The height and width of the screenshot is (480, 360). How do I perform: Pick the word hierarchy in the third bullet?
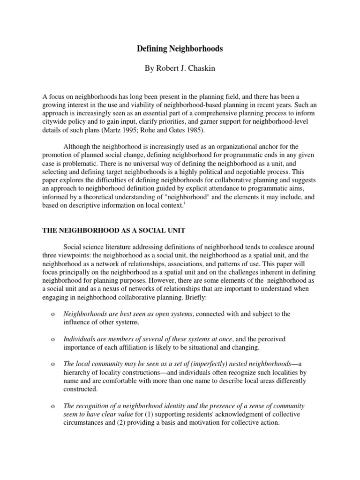click(76, 373)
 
